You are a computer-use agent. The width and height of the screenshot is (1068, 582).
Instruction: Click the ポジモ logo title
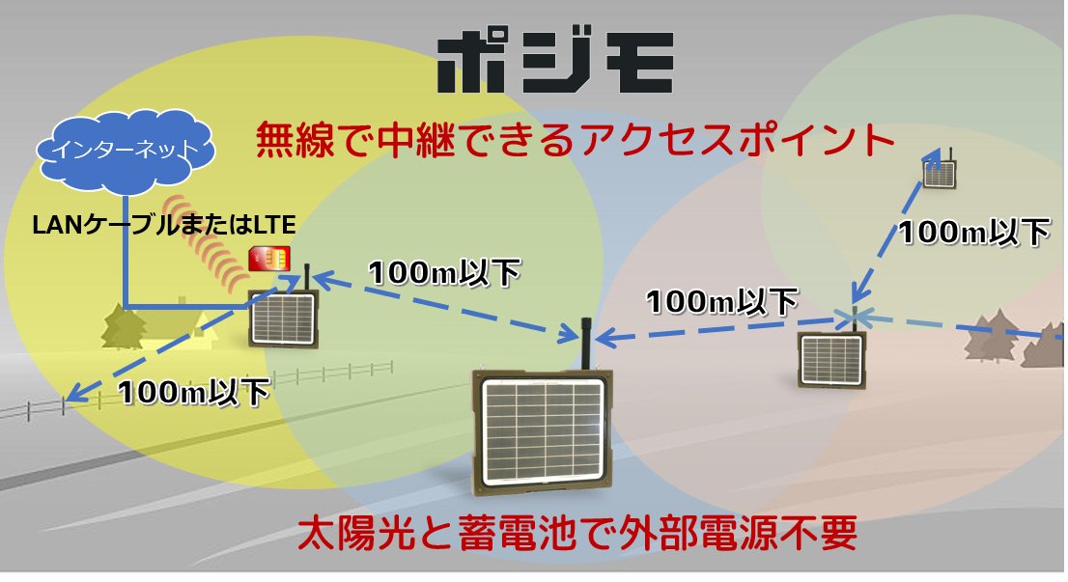[555, 62]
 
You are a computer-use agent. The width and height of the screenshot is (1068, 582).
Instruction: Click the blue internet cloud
[126, 152]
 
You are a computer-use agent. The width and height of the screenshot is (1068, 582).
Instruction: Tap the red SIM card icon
[269, 259]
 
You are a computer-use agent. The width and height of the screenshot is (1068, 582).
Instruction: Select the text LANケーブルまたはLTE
[164, 225]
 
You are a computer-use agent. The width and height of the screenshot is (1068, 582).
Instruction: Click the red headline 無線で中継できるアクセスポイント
[575, 140]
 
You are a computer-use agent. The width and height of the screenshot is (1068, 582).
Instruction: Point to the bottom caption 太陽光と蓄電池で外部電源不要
[576, 533]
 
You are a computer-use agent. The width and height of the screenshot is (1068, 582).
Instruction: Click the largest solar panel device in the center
[542, 430]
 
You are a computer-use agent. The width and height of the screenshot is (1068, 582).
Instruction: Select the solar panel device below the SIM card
[283, 318]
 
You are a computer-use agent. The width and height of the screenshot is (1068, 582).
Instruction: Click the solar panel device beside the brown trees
[831, 359]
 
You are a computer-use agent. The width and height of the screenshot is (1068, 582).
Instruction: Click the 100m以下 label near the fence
[193, 392]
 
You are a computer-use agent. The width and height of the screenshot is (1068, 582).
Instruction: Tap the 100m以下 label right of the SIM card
[444, 273]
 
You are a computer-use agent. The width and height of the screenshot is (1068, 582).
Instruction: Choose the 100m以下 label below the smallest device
[974, 232]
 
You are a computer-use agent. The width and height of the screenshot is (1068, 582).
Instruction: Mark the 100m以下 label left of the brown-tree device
[722, 301]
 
